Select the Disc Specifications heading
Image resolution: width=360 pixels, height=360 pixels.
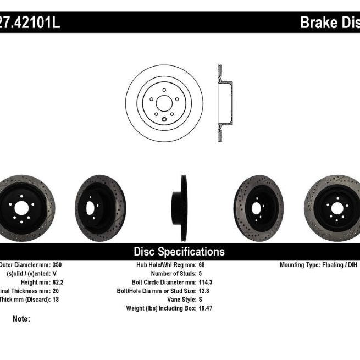(179, 252)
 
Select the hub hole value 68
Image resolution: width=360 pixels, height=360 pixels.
(201, 264)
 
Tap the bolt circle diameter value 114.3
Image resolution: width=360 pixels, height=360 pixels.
(206, 282)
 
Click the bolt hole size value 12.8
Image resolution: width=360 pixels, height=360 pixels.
(203, 291)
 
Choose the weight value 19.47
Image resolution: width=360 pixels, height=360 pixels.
(205, 308)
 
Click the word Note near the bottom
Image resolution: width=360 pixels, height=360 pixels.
(21, 318)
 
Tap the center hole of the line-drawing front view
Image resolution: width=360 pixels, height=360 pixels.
(164, 103)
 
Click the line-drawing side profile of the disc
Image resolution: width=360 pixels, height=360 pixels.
(224, 103)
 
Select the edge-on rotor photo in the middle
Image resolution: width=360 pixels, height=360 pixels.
(182, 208)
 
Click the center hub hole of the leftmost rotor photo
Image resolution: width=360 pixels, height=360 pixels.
(20, 208)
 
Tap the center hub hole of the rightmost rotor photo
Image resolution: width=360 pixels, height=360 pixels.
(336, 208)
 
